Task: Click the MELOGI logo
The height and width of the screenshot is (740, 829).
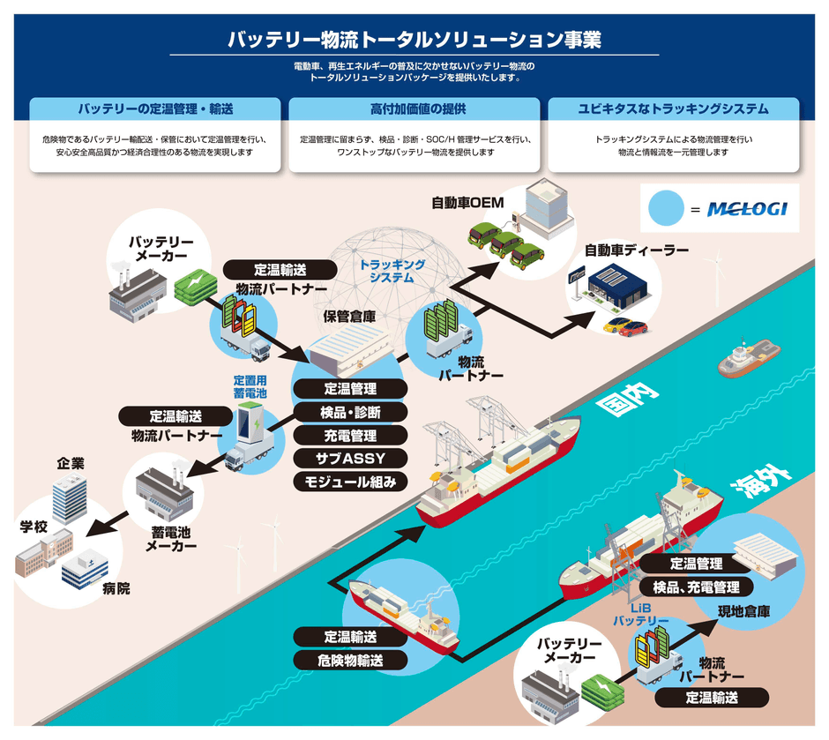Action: pyautogui.click(x=748, y=211)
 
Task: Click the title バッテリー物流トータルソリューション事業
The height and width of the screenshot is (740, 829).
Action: pyautogui.click(x=414, y=40)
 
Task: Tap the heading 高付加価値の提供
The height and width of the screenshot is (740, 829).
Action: pyautogui.click(x=414, y=109)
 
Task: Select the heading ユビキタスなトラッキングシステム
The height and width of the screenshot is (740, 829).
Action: pyautogui.click(x=673, y=109)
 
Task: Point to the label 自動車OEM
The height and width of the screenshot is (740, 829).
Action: pyautogui.click(x=467, y=203)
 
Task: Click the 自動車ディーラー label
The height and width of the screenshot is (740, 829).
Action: pyautogui.click(x=636, y=250)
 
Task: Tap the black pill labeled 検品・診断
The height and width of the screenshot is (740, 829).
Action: pyautogui.click(x=350, y=412)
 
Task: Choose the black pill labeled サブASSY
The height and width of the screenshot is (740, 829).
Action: pyautogui.click(x=350, y=458)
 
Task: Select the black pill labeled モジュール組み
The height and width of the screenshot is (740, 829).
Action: pyautogui.click(x=350, y=482)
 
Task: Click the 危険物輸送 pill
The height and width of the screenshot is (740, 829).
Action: pyautogui.click(x=350, y=660)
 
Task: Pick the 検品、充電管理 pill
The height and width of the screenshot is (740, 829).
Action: pyautogui.click(x=696, y=587)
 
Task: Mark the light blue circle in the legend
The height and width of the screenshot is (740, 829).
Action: pyautogui.click(x=667, y=210)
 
